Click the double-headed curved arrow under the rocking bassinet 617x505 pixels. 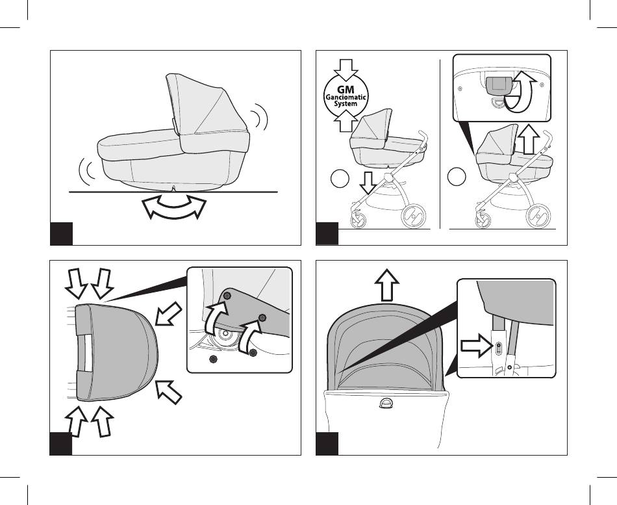[x=174, y=207]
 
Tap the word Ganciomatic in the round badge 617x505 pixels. [x=346, y=97]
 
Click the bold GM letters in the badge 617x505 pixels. [x=346, y=90]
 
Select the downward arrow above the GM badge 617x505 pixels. [x=346, y=70]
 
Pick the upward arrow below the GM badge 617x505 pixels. [x=346, y=120]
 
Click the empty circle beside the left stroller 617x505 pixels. [x=340, y=179]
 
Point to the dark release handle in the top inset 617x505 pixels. [x=499, y=86]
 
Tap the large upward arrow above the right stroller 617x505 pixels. [x=528, y=140]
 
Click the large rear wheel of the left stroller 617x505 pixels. [x=413, y=216]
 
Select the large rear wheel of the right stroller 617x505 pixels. [x=538, y=216]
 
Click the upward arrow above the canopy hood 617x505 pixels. [x=387, y=285]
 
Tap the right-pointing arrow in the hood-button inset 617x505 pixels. [x=476, y=346]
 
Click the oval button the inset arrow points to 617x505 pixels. [x=499, y=348]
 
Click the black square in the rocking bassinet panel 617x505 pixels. [x=62, y=233]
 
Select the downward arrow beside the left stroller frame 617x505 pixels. [x=368, y=183]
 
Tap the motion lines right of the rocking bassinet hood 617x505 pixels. [x=259, y=116]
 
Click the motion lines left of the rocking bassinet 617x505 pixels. [x=88, y=172]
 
